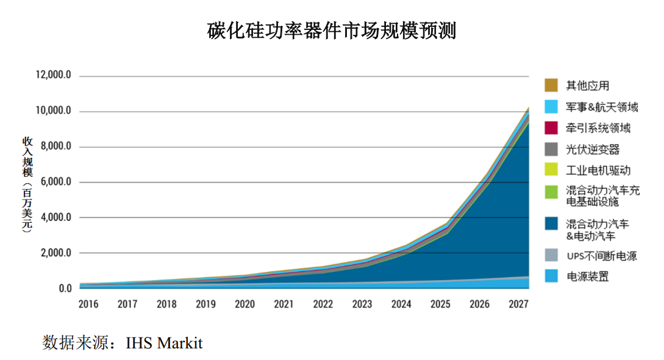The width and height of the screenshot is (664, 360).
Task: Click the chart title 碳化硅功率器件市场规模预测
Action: (332, 30)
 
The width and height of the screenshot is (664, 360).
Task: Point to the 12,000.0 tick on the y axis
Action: (54, 76)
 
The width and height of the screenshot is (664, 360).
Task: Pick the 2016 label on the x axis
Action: (88, 304)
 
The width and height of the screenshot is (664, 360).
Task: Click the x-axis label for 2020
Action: (245, 304)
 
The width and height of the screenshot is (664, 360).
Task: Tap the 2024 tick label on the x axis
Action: (401, 304)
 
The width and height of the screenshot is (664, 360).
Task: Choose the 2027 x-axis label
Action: (518, 304)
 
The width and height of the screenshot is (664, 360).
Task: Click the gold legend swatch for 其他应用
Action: (551, 85)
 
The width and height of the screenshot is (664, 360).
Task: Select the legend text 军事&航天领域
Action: (601, 107)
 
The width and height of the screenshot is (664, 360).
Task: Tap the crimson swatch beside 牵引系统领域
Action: (551, 128)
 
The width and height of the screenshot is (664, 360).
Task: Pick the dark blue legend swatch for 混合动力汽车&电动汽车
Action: (551, 224)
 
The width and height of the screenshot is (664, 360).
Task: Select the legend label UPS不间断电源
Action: (601, 256)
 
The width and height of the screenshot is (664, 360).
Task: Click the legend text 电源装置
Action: (588, 276)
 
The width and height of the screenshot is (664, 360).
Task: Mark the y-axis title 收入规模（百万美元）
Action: (27, 183)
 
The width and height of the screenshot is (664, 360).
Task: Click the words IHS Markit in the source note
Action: (164, 343)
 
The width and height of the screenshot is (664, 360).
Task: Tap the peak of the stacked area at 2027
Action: (528, 108)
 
